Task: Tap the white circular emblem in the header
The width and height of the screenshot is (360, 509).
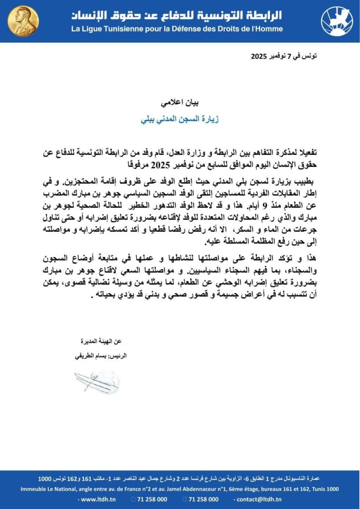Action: pyautogui.click(x=337, y=21)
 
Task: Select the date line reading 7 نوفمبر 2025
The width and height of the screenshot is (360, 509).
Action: pyautogui.click(x=285, y=56)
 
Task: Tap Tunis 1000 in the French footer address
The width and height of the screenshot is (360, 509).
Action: pyautogui.click(x=324, y=489)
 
